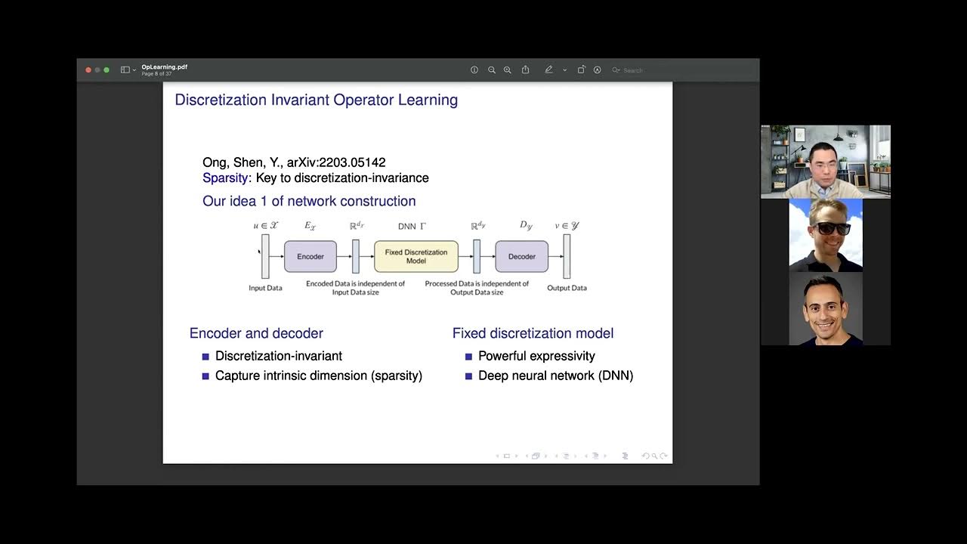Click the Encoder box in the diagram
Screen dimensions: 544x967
(310, 257)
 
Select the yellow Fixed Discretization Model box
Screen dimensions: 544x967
(416, 257)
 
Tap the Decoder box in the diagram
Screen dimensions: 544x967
(521, 257)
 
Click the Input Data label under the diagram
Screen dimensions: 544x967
(265, 288)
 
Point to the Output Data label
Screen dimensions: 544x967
(567, 288)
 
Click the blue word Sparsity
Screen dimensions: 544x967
(225, 178)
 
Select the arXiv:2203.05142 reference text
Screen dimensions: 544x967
(336, 162)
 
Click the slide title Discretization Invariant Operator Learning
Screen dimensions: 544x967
(316, 100)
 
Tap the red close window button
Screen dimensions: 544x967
(88, 70)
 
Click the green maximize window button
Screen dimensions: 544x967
(107, 70)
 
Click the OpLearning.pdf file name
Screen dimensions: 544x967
(164, 67)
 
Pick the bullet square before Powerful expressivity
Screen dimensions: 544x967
(468, 357)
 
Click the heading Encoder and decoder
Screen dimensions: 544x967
(256, 333)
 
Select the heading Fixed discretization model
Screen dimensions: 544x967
(533, 333)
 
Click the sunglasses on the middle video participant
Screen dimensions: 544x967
(826, 228)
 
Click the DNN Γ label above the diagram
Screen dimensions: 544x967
(412, 226)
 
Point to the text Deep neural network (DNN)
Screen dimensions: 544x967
(555, 376)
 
